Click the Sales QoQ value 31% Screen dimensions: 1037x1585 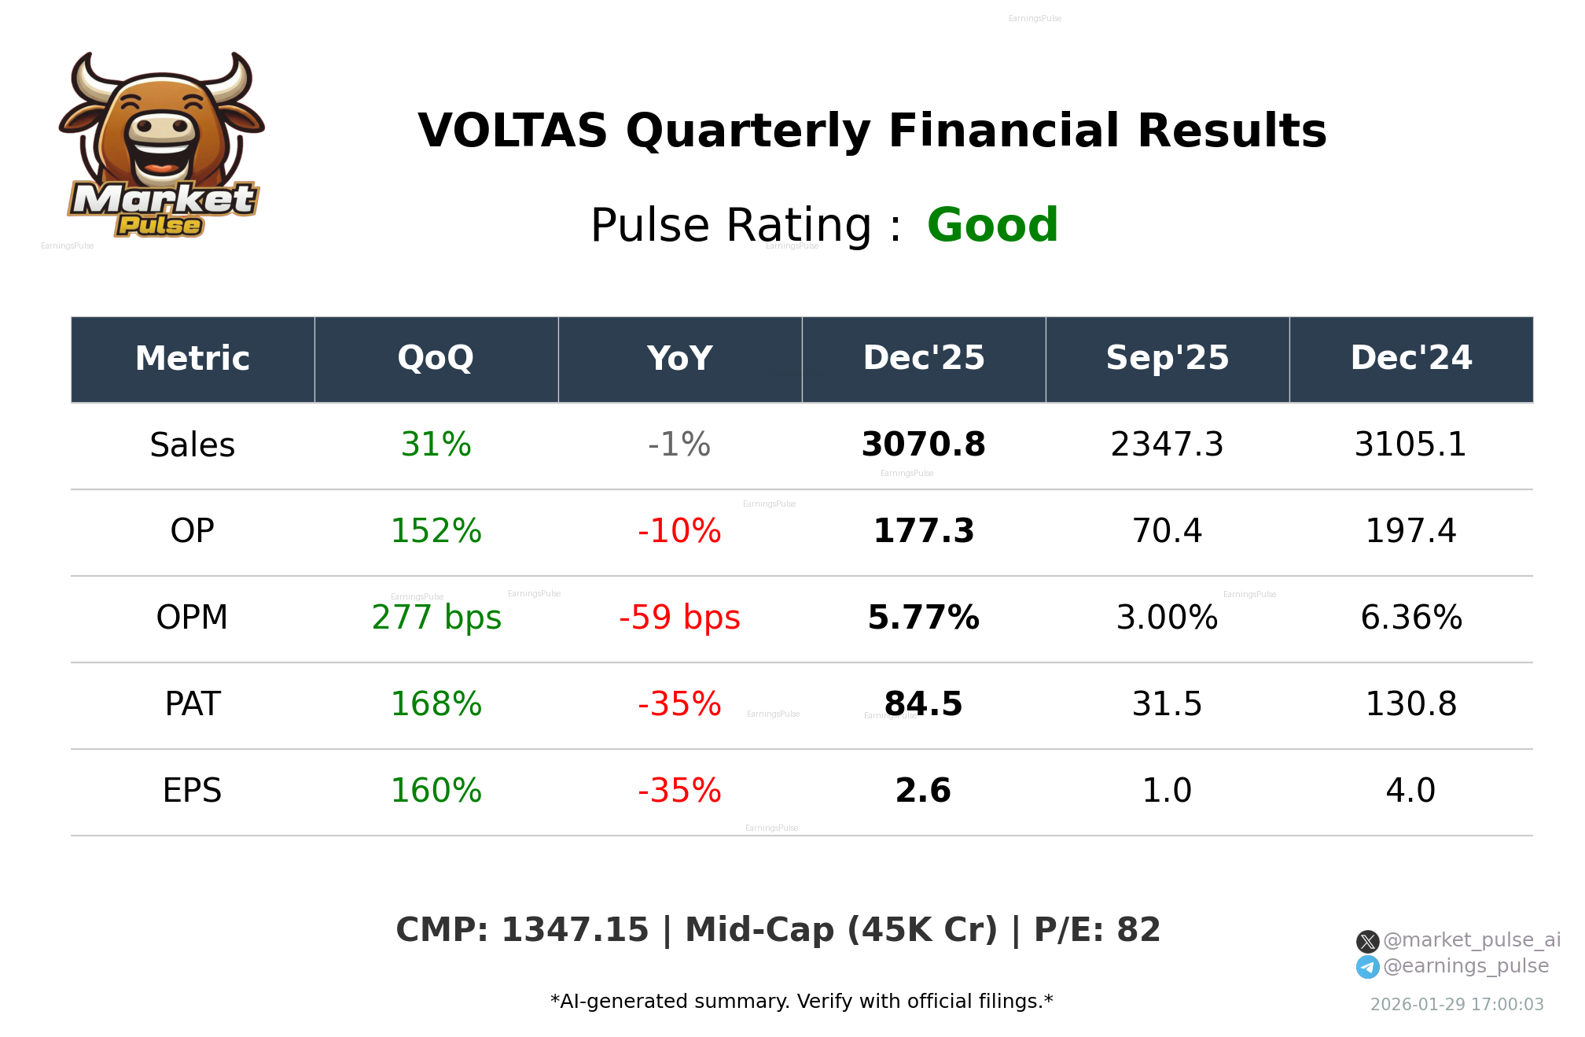point(436,445)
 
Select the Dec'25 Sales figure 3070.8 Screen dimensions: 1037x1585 point(923,445)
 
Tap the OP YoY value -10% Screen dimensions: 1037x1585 point(679,531)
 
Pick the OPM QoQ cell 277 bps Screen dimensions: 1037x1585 point(436,618)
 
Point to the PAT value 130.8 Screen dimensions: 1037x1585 point(1410,704)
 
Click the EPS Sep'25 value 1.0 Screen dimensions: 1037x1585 point(1167,791)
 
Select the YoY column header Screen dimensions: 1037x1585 point(679,359)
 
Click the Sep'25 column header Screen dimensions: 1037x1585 point(1167,359)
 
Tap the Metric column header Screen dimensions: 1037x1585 point(193,359)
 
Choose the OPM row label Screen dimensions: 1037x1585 point(193,618)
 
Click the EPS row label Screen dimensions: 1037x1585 point(193,791)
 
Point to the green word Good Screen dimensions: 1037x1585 point(992,225)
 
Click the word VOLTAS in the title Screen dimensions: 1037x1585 point(513,131)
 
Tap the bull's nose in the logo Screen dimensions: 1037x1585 point(162,127)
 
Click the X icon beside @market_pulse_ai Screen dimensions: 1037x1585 point(1367,941)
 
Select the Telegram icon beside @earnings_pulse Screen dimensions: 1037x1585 point(1367,967)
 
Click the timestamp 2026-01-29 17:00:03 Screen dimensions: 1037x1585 point(1457,1005)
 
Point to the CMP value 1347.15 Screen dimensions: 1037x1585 point(575,930)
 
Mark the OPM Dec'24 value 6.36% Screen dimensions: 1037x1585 point(1410,618)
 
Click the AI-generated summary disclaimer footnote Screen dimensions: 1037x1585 point(801,1002)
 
